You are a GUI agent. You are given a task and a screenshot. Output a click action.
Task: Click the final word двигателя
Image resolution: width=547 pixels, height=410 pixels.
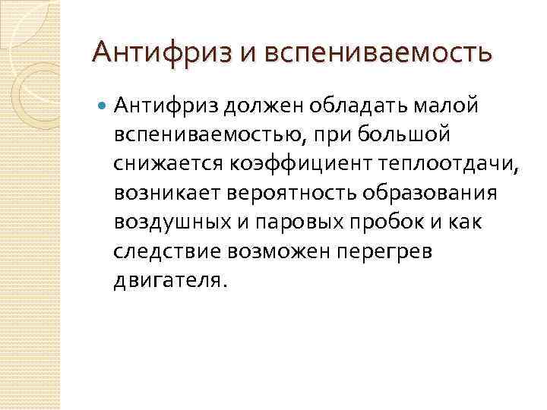click(169, 280)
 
